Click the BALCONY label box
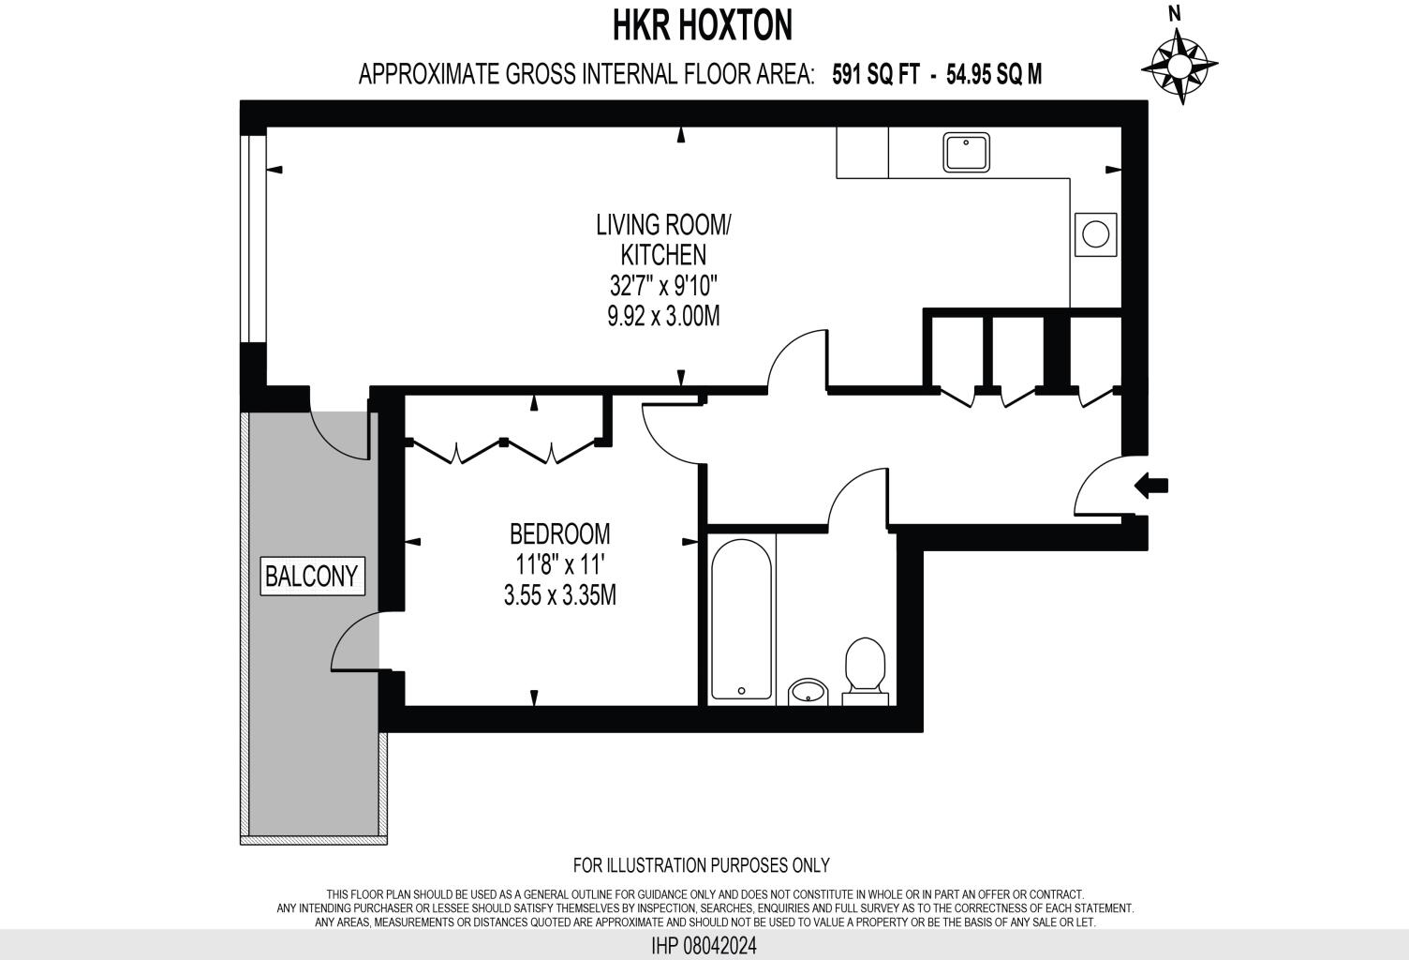coord(311,575)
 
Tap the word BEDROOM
coord(559,533)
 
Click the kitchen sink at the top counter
coord(967,152)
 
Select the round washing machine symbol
coord(1094,232)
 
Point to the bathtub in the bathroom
coord(741,619)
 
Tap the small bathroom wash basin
coord(807,692)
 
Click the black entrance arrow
coord(1151,485)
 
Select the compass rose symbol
coord(1179,66)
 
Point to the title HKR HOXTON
coord(703,26)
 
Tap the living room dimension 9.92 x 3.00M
coord(663,315)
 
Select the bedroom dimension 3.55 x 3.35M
coord(559,594)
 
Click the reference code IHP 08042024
coord(704,946)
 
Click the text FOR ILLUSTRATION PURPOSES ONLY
coord(701,865)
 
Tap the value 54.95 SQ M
coord(993,74)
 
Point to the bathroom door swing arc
coord(854,499)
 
